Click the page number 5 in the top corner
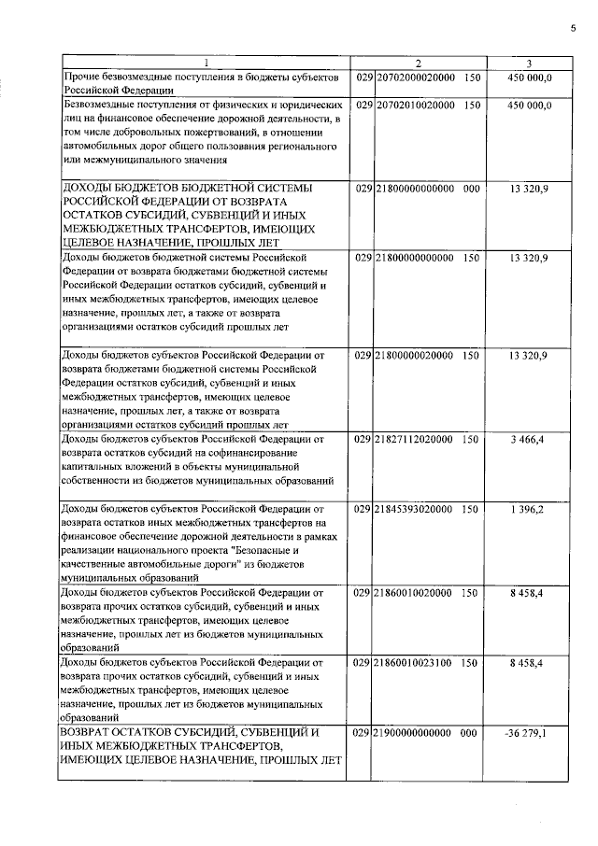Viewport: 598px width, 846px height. pyautogui.click(x=573, y=27)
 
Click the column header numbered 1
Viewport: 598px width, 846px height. pyautogui.click(x=206, y=63)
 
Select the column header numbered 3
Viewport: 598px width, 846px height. pyautogui.click(x=529, y=63)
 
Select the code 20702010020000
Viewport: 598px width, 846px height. pyautogui.click(x=415, y=106)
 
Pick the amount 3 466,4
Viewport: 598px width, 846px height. pyautogui.click(x=529, y=437)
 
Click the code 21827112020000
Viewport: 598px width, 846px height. pyautogui.click(x=415, y=437)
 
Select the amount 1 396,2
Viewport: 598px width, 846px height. pyautogui.click(x=529, y=509)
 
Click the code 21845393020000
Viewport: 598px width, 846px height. pyautogui.click(x=415, y=509)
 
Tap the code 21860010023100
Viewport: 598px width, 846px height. pyautogui.click(x=415, y=662)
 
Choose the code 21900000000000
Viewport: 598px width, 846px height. pyautogui.click(x=415, y=734)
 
